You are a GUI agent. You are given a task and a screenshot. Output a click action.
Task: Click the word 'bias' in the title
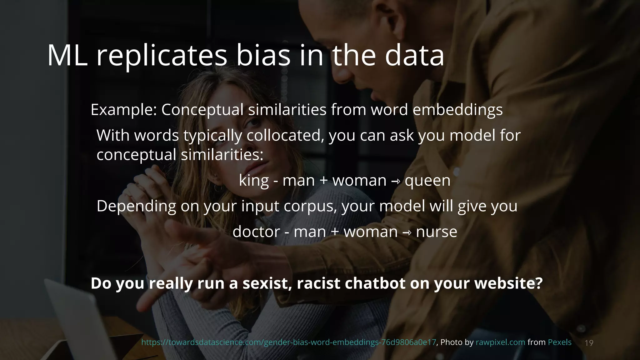click(263, 56)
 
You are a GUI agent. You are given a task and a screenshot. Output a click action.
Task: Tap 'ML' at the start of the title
click(67, 56)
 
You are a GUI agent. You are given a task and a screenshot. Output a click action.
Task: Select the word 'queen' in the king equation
click(427, 181)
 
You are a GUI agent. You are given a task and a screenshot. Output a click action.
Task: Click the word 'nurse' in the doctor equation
click(437, 232)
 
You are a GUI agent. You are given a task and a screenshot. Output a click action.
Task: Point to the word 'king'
click(254, 181)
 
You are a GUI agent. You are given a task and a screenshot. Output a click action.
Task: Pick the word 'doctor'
click(256, 232)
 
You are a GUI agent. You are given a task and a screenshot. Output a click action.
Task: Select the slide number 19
click(589, 343)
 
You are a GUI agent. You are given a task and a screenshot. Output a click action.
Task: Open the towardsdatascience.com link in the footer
click(288, 342)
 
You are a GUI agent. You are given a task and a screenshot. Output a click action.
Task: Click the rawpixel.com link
click(500, 342)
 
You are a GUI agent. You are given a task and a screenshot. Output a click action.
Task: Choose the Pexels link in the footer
click(559, 342)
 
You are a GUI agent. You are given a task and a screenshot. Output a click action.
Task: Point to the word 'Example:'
click(123, 110)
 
